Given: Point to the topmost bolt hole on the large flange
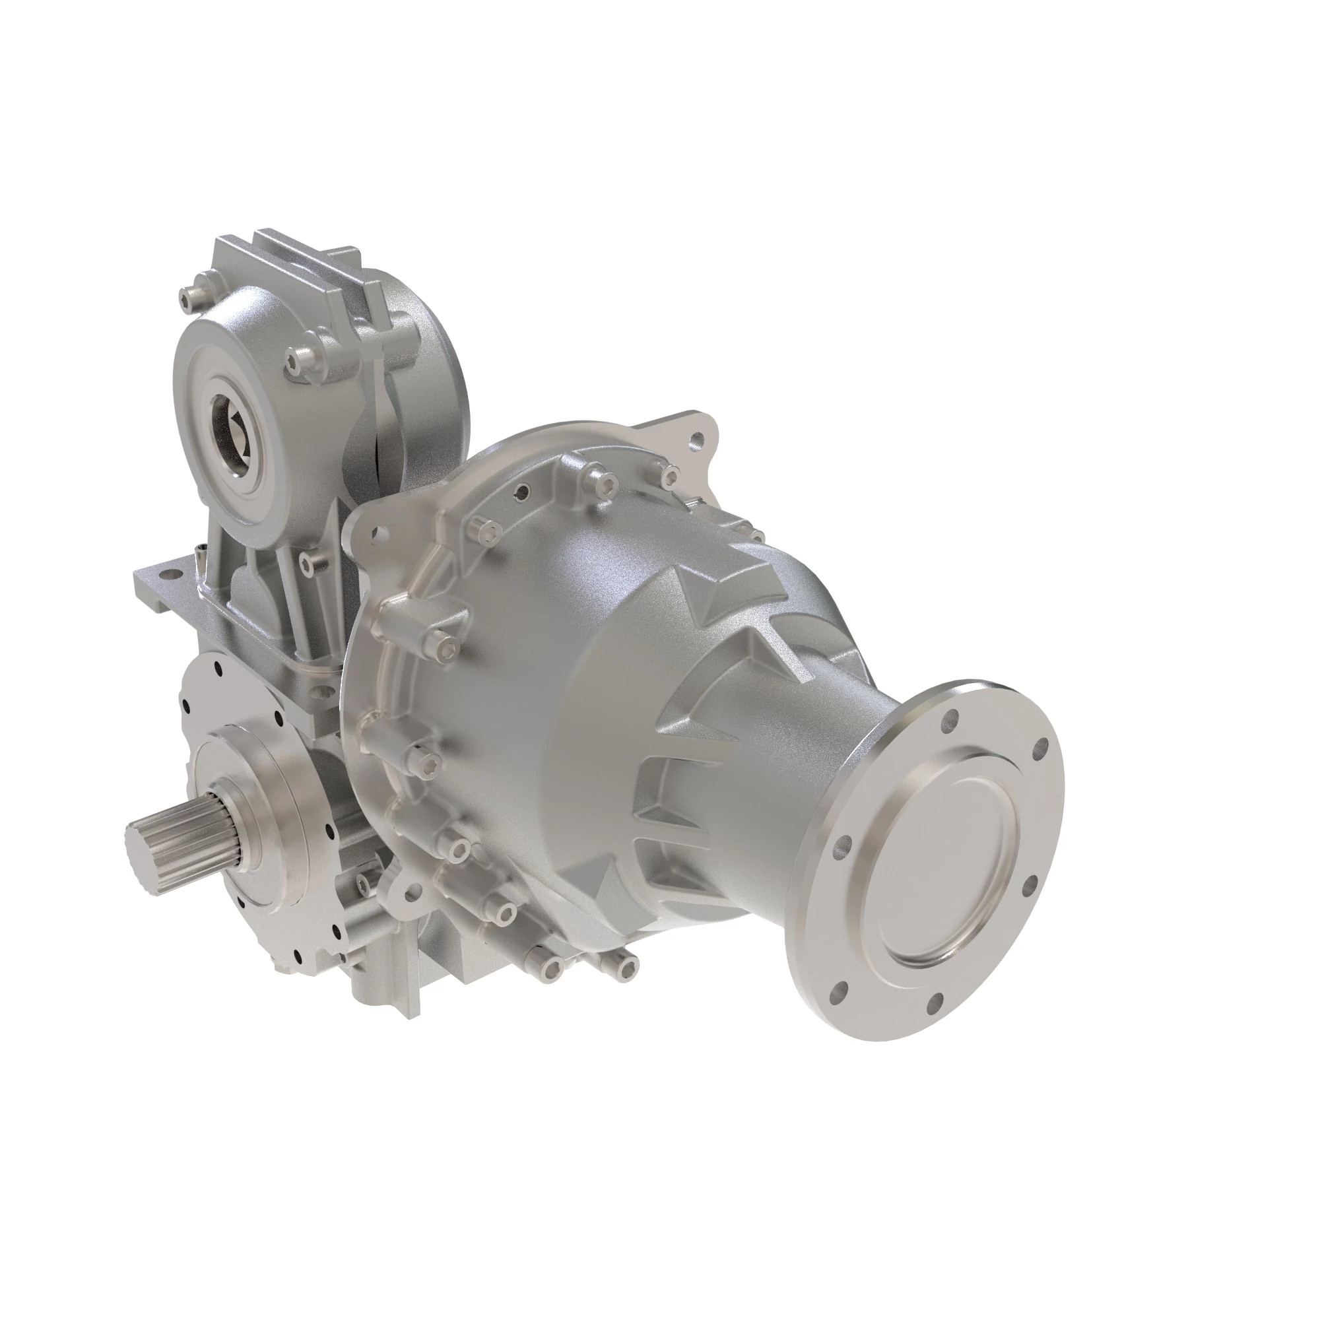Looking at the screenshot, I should (x=951, y=719).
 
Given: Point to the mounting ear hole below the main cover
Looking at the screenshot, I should (x=412, y=888).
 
